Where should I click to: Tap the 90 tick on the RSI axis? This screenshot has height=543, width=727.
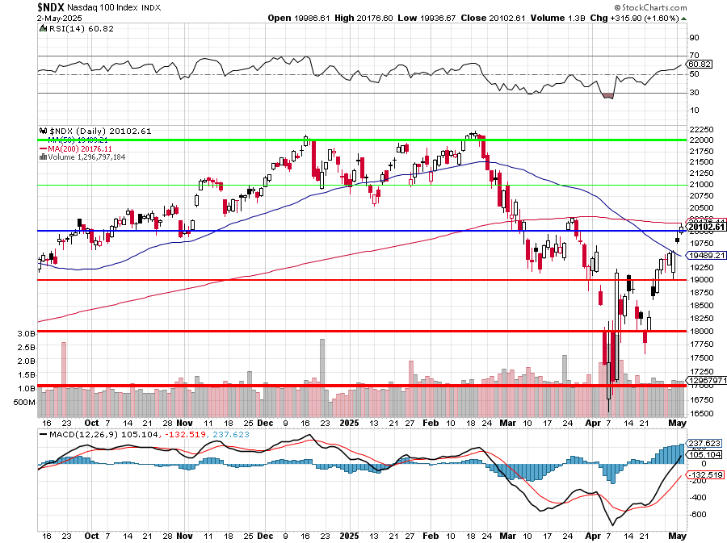click(694, 38)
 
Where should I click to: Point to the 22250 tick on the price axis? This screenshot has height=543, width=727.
click(700, 129)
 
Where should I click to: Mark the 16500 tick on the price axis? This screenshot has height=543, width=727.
click(700, 413)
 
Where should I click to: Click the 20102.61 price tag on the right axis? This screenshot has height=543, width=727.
click(707, 227)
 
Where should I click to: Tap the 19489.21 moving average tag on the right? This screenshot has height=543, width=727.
click(705, 255)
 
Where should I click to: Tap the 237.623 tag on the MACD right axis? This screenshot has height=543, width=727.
click(704, 443)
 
